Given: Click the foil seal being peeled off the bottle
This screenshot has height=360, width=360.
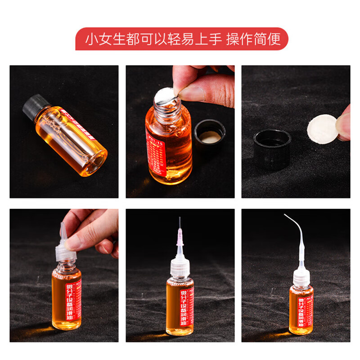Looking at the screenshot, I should tap(164, 95).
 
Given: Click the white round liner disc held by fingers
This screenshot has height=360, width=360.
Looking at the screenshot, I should tap(321, 128).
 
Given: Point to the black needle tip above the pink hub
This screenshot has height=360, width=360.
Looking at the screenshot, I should tap(180, 223).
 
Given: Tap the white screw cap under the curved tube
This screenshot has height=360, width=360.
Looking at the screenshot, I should tap(301, 276).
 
